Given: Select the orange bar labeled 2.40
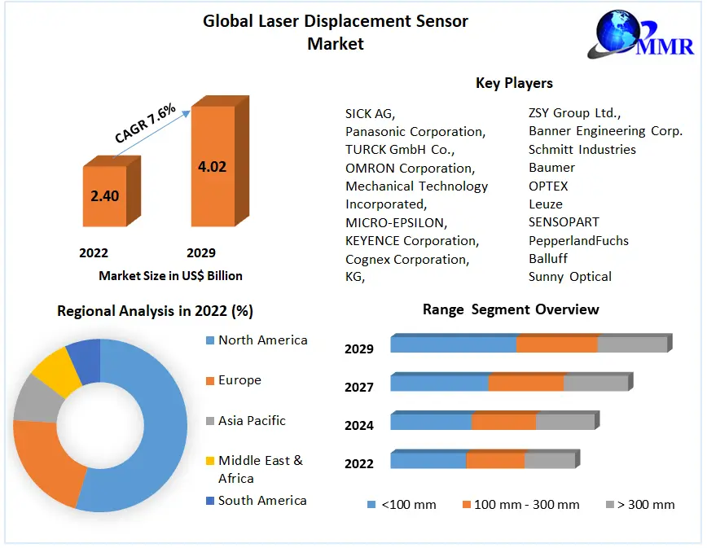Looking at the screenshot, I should (104, 195).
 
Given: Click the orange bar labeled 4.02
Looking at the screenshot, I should (212, 167).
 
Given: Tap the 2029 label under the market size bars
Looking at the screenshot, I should (200, 253).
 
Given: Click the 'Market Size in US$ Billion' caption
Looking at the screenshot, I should (170, 276).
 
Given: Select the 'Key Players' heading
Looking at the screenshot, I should (514, 83).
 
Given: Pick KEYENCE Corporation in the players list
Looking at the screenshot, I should (412, 241).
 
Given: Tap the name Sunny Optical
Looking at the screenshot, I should (570, 277).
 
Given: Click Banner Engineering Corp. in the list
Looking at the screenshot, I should (605, 131).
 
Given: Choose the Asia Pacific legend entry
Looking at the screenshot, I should (251, 421).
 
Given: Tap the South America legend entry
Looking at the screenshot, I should (261, 501).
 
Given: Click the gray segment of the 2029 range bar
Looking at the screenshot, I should (632, 344).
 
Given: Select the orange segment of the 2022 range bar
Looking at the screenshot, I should (495, 461).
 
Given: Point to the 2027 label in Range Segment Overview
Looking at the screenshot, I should (359, 388).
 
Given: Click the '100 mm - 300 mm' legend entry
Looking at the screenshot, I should (525, 505).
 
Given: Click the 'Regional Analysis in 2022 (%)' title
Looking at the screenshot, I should (154, 311).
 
